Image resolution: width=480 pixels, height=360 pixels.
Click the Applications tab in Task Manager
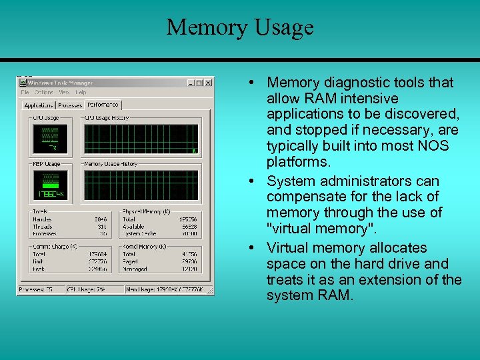[x=38, y=105]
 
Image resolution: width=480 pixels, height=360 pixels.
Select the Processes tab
[x=69, y=105]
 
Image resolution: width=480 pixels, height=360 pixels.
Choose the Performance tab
[x=103, y=105]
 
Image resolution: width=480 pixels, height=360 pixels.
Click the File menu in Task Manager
[x=25, y=93]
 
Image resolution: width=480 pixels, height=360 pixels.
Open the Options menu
[x=44, y=93]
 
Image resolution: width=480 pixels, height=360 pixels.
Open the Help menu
[x=81, y=93]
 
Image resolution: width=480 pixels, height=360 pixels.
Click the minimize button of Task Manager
[x=191, y=83]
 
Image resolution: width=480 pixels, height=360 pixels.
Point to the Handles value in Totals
[x=101, y=219]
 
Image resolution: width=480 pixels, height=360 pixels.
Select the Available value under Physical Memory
[x=189, y=226]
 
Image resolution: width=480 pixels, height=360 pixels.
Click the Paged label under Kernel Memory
[x=131, y=261]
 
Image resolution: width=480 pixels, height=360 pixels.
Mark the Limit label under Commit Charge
[x=39, y=261]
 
